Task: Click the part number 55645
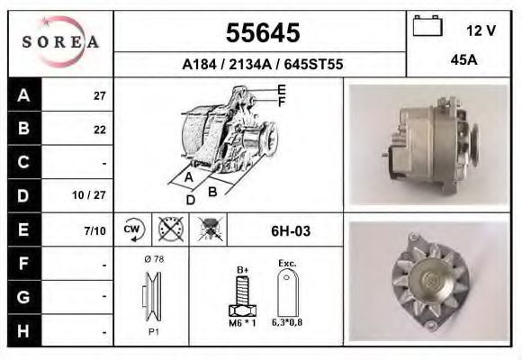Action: (261, 33)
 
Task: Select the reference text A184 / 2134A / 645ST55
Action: (261, 64)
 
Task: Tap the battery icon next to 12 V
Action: (427, 28)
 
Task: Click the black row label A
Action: (23, 94)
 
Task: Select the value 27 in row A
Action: (100, 95)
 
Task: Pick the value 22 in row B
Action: (100, 129)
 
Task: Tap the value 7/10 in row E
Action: (94, 230)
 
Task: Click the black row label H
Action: (23, 330)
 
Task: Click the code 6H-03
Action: (291, 231)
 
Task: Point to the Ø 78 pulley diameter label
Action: (152, 259)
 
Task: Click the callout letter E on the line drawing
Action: (281, 88)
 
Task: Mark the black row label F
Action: (23, 264)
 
